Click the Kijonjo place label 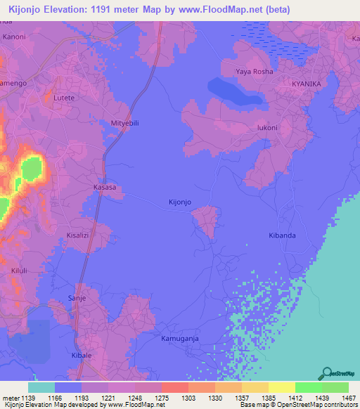[180, 202]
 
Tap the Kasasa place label [104, 188]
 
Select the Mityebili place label [125, 123]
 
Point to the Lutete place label [63, 98]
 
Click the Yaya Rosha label [254, 72]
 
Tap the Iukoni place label [268, 128]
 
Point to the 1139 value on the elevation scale [28, 397]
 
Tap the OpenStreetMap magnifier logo [326, 372]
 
